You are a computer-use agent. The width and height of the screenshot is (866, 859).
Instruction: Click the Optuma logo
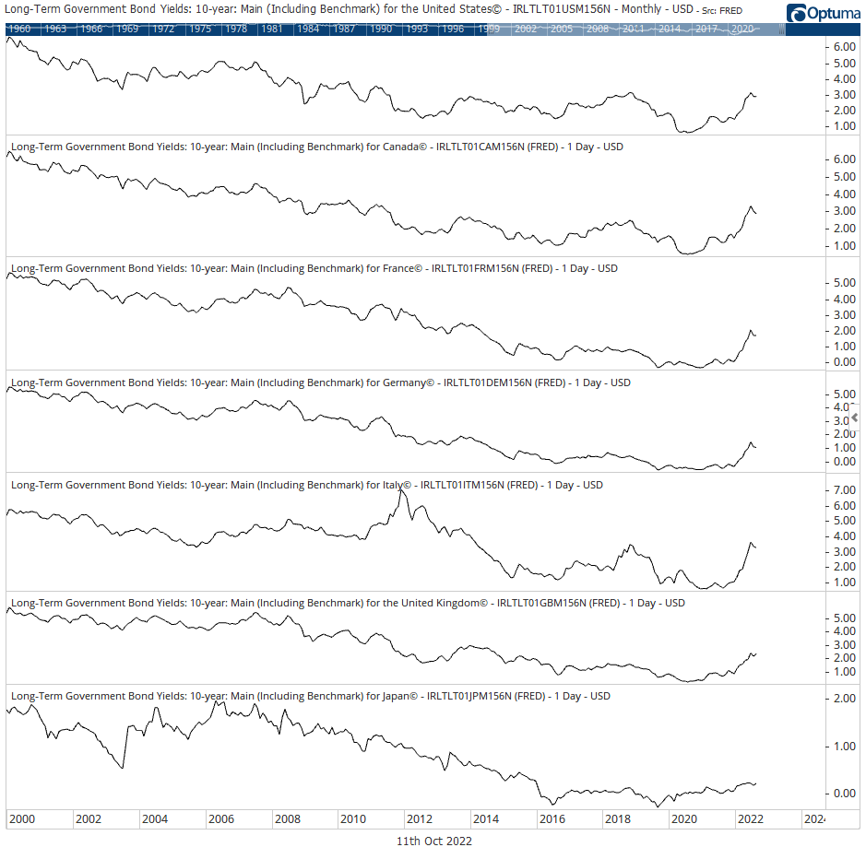(823, 13)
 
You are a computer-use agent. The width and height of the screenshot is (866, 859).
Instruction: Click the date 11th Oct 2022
(433, 841)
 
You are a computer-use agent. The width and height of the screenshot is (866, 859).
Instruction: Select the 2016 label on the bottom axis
(552, 819)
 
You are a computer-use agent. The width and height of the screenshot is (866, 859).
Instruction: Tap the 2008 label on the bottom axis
(287, 819)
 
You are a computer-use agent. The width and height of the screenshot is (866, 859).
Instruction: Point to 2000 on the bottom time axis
(22, 819)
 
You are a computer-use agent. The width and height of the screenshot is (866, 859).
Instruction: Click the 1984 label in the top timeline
(308, 29)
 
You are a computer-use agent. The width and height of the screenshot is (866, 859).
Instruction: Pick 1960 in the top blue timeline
(18, 29)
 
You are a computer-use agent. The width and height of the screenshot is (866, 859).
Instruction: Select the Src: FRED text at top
(723, 11)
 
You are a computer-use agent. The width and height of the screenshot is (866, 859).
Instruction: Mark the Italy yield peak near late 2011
(400, 489)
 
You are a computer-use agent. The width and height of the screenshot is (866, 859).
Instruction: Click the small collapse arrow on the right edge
(855, 418)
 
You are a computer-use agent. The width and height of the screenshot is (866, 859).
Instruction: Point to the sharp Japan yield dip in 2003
(123, 767)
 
